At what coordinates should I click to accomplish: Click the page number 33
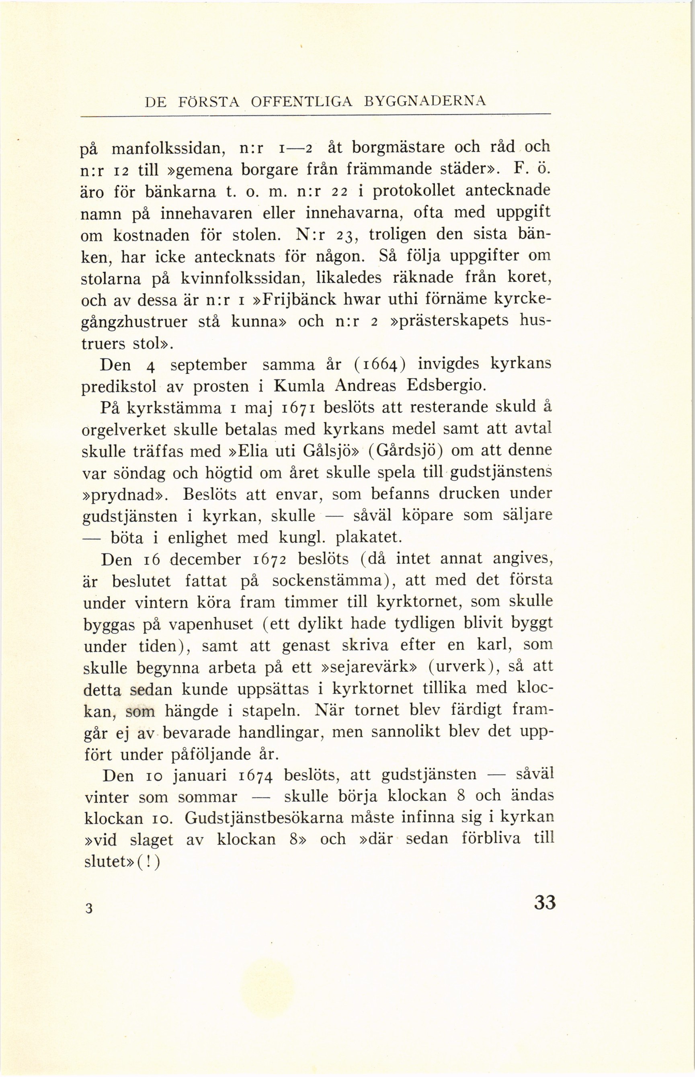point(545,902)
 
